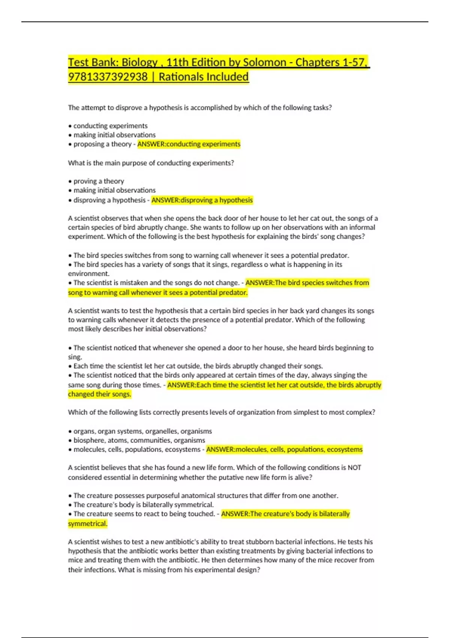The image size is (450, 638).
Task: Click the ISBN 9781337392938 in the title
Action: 108,77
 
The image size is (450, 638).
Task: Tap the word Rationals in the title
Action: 180,77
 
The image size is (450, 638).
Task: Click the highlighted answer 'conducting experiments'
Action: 189,144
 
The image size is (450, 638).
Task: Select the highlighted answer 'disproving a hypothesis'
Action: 202,200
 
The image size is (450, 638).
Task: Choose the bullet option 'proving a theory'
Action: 98,181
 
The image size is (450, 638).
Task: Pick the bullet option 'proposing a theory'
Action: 102,144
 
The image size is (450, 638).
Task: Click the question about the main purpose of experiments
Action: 151,163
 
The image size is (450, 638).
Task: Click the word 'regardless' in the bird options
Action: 247,265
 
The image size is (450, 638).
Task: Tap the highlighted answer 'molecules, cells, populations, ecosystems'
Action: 284,450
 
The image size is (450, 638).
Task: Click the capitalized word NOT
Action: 354,468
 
